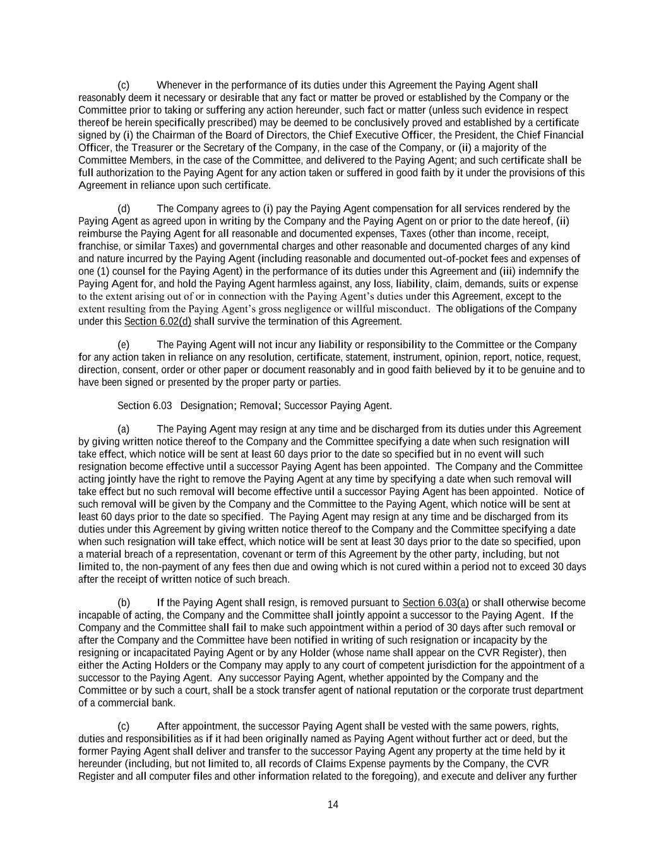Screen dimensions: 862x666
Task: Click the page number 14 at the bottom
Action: click(333, 805)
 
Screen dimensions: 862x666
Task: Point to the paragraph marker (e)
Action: click(124, 345)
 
